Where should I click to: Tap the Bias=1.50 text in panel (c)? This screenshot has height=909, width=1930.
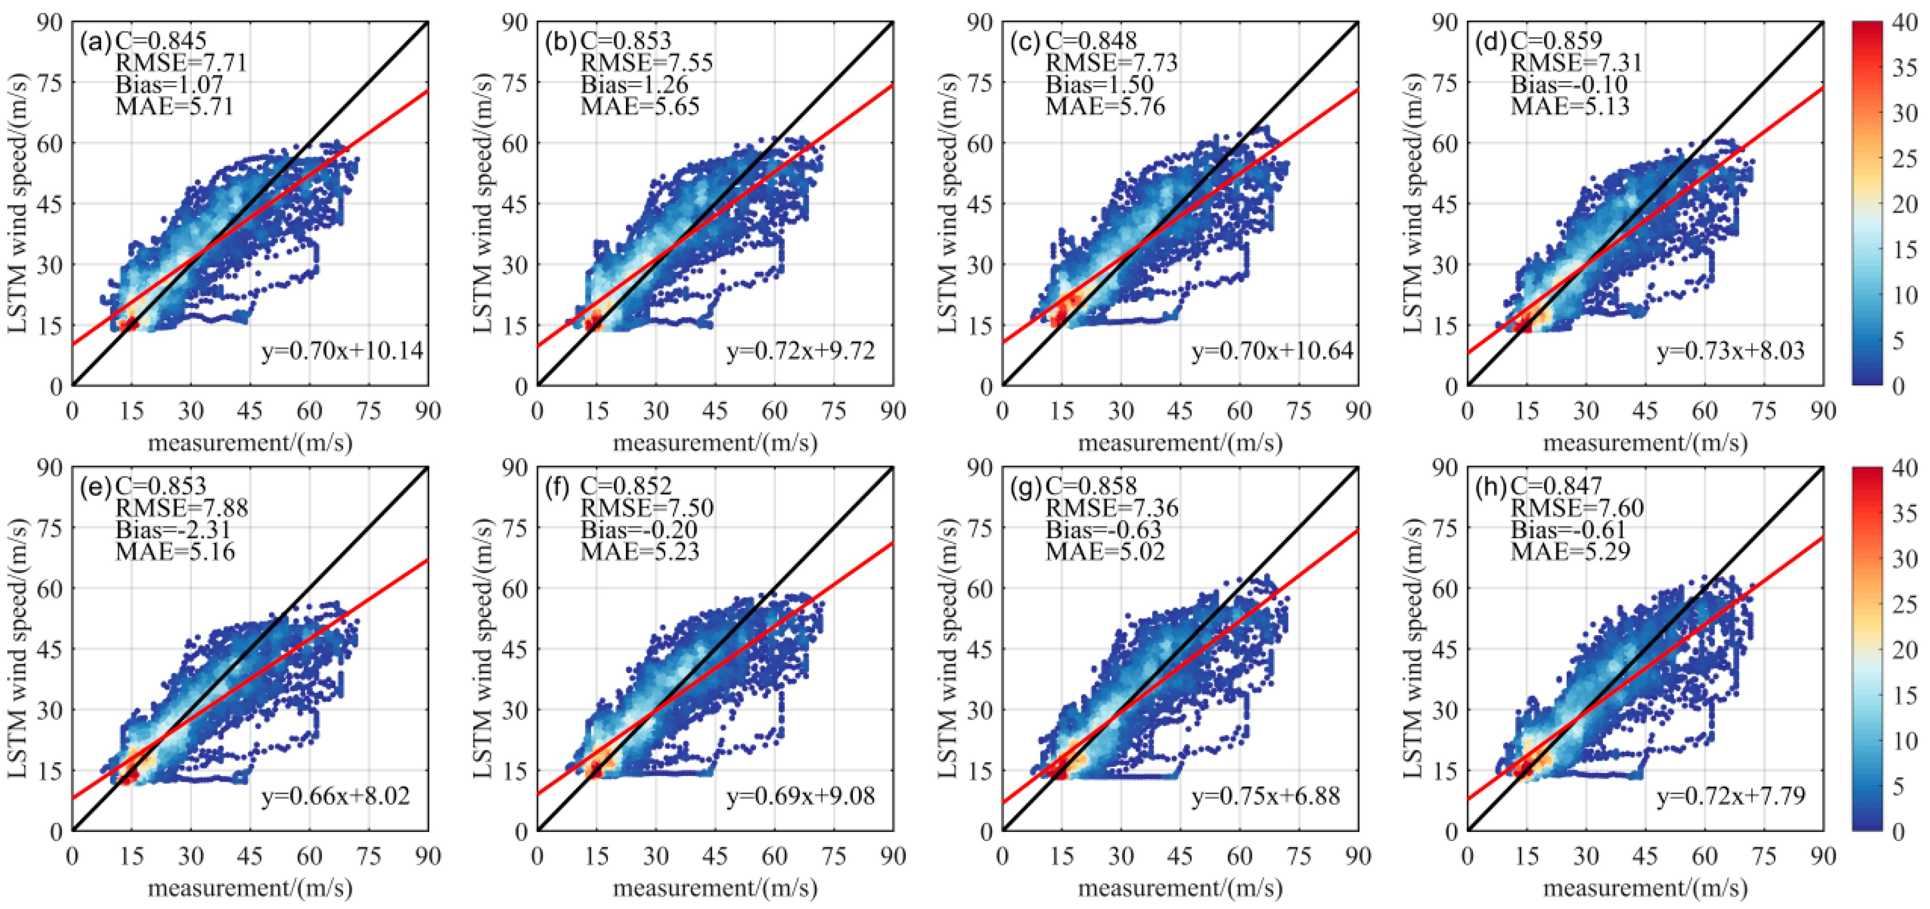(1099, 85)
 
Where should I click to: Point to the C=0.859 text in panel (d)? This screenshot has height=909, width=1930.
(1556, 41)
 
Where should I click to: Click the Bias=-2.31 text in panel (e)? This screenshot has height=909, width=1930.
(173, 530)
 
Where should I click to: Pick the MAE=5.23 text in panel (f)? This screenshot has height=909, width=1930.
(640, 551)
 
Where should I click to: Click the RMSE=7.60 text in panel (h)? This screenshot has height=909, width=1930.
(1577, 508)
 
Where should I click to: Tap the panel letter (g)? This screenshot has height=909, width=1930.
(1025, 487)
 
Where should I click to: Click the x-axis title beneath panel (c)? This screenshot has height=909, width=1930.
(1180, 443)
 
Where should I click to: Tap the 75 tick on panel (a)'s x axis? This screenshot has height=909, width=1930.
(368, 411)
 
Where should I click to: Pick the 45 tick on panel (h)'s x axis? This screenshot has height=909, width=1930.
(1645, 856)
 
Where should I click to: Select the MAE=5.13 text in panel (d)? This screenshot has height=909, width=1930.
(1570, 106)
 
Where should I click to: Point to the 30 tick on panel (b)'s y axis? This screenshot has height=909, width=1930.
(515, 265)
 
